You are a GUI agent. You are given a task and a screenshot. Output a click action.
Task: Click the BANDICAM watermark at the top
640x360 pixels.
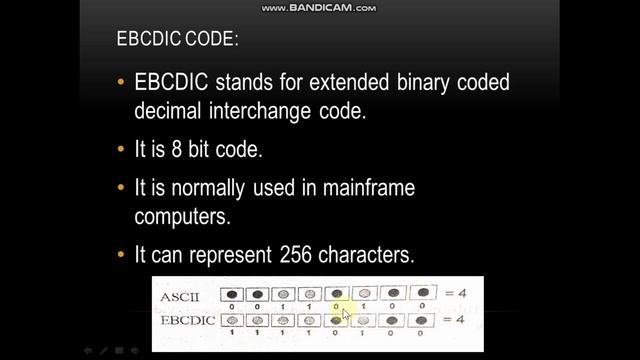319,8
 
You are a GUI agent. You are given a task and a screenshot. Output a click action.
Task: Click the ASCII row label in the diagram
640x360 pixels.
180,297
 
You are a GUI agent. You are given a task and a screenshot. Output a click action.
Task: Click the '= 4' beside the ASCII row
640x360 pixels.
455,293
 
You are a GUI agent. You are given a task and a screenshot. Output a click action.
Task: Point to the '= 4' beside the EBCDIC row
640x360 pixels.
455,319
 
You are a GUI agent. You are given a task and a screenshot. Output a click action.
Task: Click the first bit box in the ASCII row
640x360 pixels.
232,296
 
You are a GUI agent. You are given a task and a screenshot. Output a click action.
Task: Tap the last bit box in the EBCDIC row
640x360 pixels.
424,320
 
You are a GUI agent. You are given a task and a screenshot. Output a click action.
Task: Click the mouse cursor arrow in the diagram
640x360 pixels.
345,314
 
